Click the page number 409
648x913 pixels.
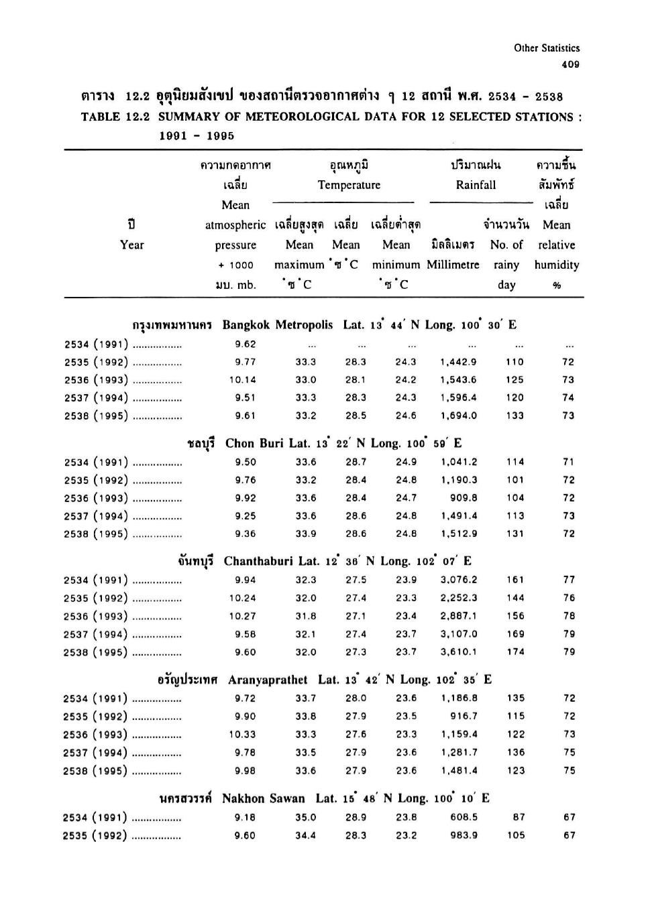pos(570,65)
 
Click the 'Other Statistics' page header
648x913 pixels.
pos(547,48)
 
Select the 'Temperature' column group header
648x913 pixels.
pos(349,185)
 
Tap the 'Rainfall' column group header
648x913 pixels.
pos(476,185)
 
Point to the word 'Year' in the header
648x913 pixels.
pos(131,245)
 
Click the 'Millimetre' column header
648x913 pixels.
pos(453,265)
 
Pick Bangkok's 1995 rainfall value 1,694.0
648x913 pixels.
pos(459,416)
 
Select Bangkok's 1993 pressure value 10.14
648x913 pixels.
pos(243,379)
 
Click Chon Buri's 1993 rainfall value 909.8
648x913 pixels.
pos(464,498)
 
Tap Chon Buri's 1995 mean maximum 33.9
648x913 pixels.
pos(306,534)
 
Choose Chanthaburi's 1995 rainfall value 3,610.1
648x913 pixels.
pos(459,652)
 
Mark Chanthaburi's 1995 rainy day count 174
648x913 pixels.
pos(516,652)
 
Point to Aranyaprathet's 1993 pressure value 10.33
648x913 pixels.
pos(243,735)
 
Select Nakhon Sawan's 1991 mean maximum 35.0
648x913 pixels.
pos(306,818)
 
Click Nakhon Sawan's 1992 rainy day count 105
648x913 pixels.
pos(516,836)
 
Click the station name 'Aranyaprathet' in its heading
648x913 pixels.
pos(268,680)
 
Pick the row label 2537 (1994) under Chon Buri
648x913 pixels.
pos(95,516)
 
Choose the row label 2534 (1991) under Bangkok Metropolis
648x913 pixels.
pos(96,345)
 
